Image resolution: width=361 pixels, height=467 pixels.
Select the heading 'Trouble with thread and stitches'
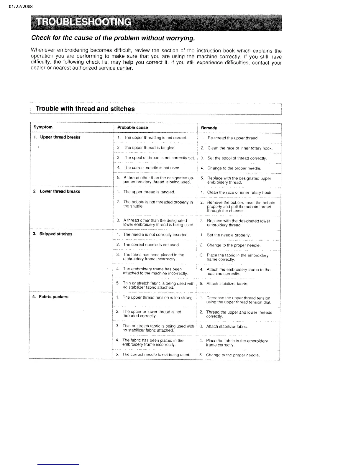pos(85,109)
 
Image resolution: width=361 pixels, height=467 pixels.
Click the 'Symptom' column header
pos(43,127)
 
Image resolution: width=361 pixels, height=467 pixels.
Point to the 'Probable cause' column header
pos(132,127)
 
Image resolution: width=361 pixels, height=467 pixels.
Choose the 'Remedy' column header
pos(209,128)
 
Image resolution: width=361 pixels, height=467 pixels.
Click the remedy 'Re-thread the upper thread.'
pos(233,138)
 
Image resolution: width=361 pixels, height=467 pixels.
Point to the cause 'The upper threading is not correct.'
pos(155,138)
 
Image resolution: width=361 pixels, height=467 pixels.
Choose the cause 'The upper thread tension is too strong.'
pos(158,297)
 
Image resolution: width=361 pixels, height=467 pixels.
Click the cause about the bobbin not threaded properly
pos(158,204)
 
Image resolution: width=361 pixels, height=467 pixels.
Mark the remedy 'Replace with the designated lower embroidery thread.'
pos(238,223)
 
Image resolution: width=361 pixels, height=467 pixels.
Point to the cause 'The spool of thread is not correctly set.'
pos(159,158)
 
